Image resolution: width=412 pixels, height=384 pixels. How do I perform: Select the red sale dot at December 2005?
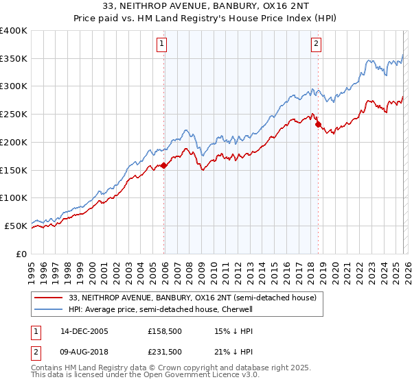point(164,165)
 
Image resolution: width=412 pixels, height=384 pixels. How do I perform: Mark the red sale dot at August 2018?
point(318,124)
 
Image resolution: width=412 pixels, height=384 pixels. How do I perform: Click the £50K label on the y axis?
point(15,226)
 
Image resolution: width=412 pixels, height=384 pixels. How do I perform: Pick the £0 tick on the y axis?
point(21,254)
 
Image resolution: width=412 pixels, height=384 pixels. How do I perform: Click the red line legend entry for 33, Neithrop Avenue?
point(192,298)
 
